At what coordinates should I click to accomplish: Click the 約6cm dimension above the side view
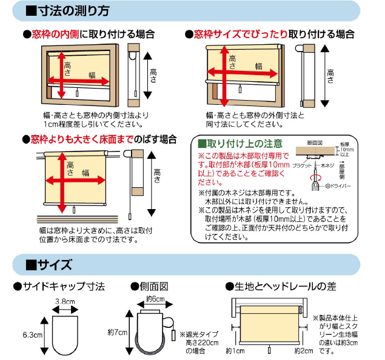click(155, 299)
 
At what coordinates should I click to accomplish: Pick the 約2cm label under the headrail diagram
click(303, 351)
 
